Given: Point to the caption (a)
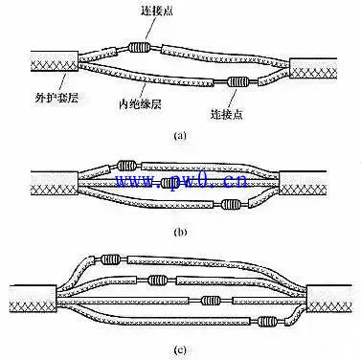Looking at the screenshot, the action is [x=179, y=135].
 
